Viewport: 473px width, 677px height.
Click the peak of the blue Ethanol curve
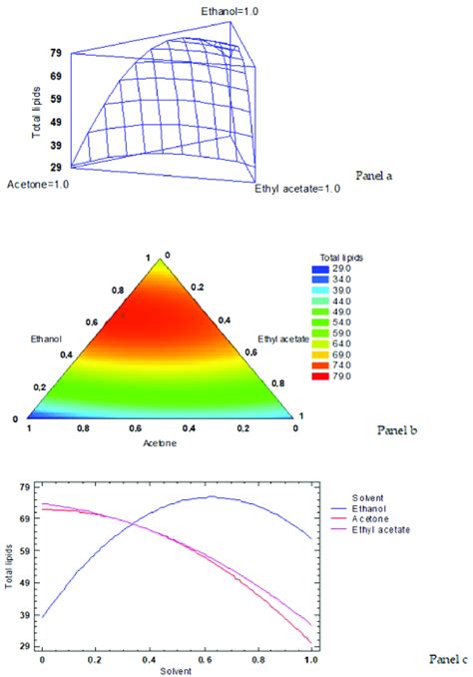[x=212, y=496]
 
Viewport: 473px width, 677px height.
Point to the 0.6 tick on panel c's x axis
[x=204, y=661]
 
